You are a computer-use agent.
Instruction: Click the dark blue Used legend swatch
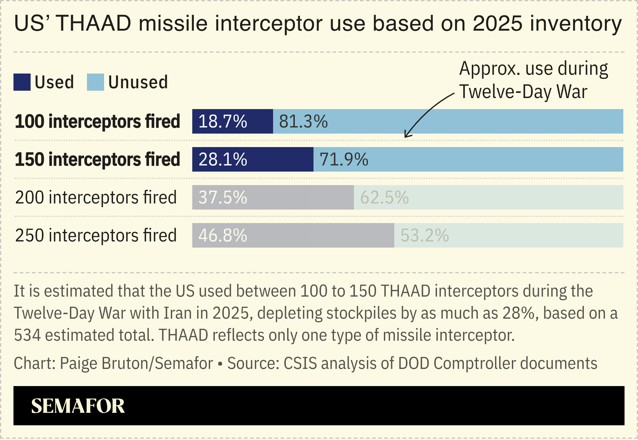pos(22,82)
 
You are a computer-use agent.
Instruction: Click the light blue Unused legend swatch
pos(95,82)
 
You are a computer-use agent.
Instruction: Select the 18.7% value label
pos(223,121)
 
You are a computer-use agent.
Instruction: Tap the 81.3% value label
pos(303,121)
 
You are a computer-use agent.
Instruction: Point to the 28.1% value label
pos(223,159)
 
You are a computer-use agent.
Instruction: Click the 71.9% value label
pos(343,159)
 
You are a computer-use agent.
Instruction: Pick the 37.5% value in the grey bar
pos(223,197)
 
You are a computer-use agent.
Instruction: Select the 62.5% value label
pos(384,197)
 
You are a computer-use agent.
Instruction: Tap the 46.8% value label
pos(223,235)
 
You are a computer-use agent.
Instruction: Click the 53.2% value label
pos(425,235)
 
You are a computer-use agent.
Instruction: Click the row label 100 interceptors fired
pos(97,121)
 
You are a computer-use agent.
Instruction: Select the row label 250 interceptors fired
pos(96,235)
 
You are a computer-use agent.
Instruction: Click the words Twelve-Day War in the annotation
pos(523,92)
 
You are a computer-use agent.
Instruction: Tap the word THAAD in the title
pos(93,23)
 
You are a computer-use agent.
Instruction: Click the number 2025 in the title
pos(497,23)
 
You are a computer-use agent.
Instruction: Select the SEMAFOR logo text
pos(78,406)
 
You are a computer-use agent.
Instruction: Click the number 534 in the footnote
pos(27,335)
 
